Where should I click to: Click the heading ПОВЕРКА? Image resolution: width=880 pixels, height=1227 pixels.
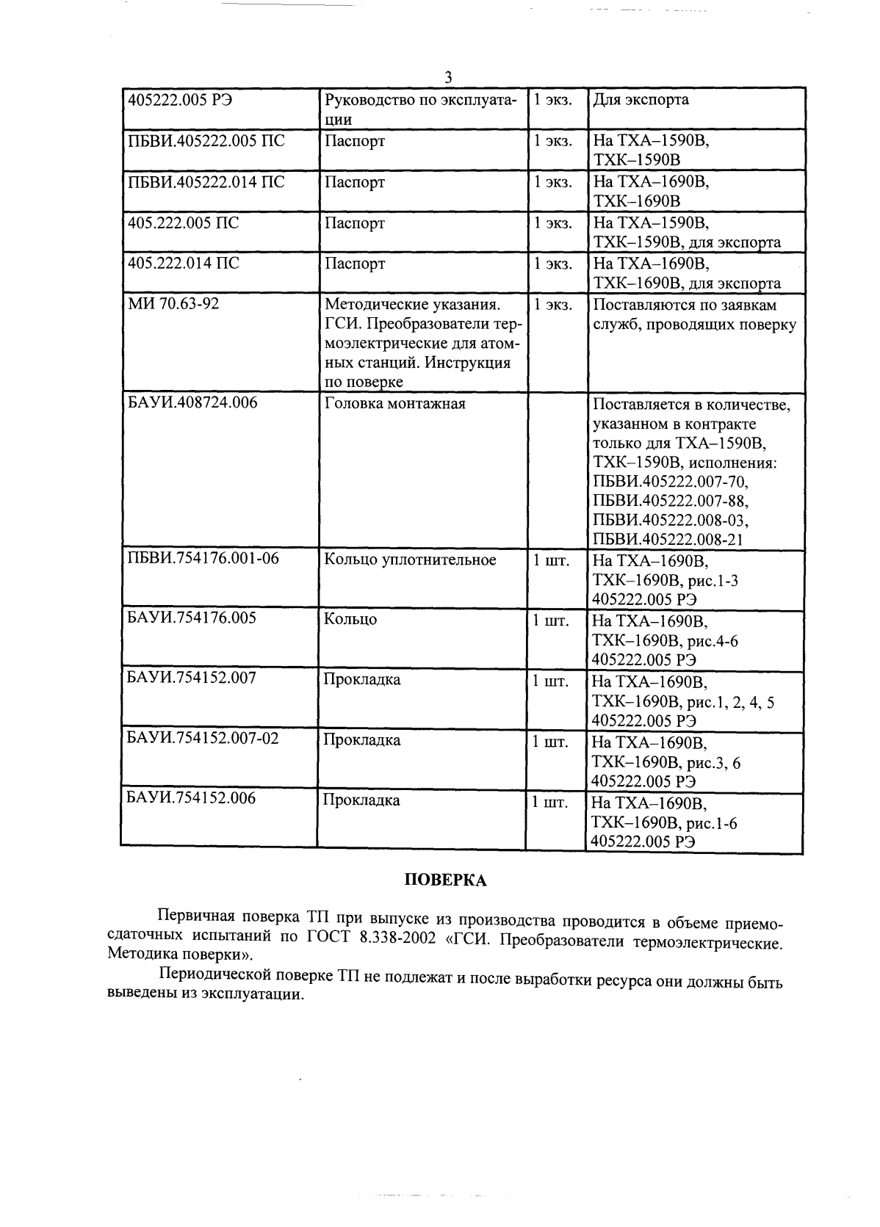pos(446,880)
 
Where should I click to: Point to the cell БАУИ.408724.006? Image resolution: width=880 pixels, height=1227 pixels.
pos(192,403)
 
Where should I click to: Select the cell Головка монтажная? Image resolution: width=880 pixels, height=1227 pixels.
pos(395,404)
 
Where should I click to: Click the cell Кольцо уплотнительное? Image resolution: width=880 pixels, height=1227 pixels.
pos(410,560)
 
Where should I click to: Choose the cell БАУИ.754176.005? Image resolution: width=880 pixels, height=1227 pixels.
pos(192,618)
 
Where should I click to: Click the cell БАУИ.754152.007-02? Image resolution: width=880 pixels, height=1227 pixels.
pos(203,739)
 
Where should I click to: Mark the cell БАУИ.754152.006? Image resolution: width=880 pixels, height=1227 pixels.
pos(192,798)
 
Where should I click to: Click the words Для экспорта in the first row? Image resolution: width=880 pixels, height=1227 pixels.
pos(641,100)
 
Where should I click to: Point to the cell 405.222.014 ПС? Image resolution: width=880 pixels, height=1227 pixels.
pos(184,263)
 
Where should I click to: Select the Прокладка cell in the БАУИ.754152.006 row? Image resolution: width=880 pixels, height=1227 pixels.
pos(362,800)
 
